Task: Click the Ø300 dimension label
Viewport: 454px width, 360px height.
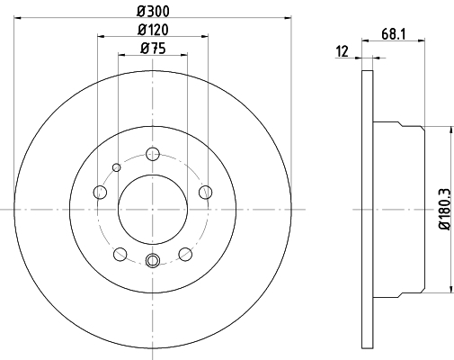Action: (153, 12)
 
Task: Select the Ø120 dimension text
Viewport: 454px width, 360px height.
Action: (153, 30)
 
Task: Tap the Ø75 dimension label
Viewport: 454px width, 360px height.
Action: (153, 49)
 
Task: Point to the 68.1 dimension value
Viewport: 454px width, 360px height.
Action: (394, 34)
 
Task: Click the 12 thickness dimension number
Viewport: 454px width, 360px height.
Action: (343, 51)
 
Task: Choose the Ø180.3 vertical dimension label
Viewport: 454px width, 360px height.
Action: (444, 210)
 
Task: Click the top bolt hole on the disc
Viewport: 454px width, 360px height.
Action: (153, 154)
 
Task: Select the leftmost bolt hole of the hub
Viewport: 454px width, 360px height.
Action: (100, 192)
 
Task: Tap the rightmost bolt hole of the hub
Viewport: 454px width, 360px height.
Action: (206, 192)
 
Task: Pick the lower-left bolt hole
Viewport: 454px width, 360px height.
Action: (120, 254)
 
